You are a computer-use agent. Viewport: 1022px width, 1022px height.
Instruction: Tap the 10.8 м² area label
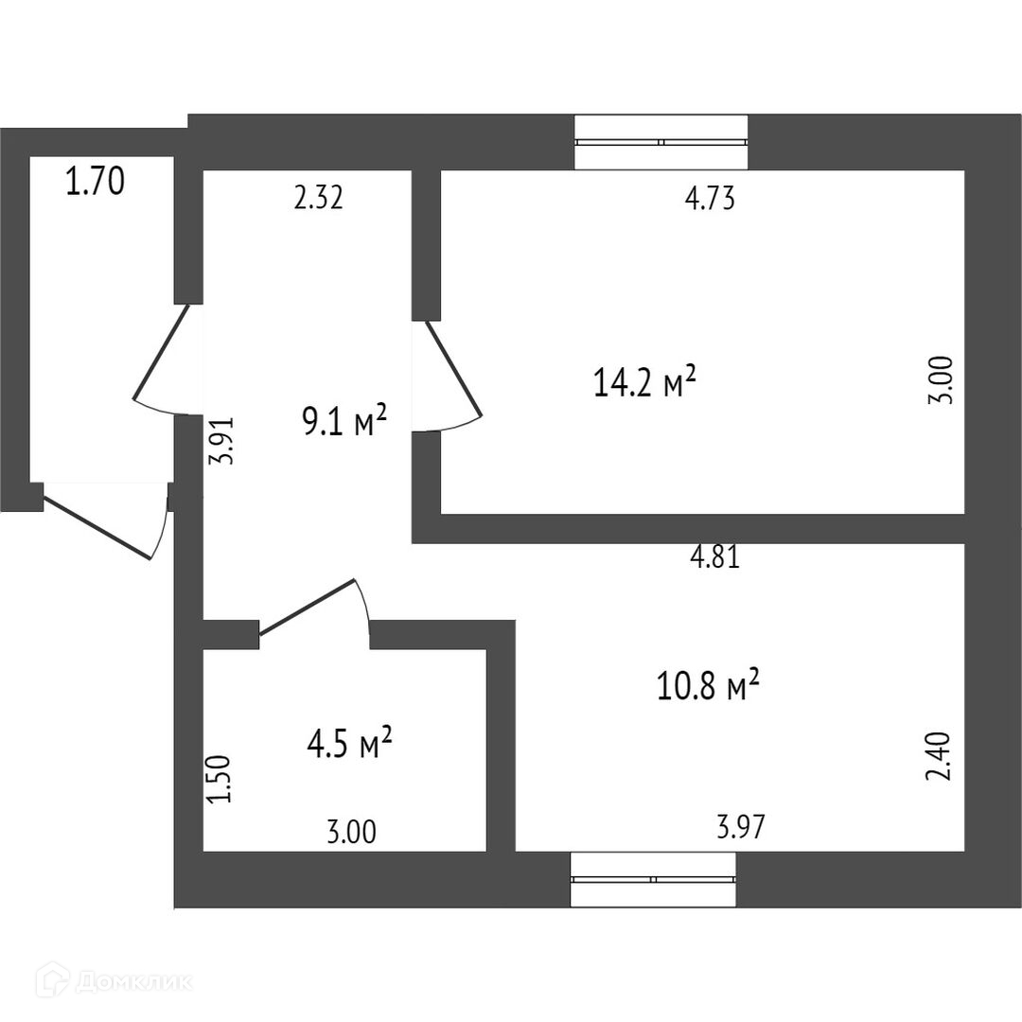pyautogui.click(x=709, y=685)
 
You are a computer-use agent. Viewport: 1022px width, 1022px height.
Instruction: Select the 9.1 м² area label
pyautogui.click(x=344, y=421)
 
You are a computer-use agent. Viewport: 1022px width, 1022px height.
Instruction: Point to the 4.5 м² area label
pyautogui.click(x=349, y=745)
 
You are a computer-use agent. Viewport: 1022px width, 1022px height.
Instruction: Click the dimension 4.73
pyautogui.click(x=710, y=200)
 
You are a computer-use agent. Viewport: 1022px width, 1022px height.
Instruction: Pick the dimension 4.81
pyautogui.click(x=714, y=558)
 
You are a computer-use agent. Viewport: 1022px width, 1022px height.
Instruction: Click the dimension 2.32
pyautogui.click(x=317, y=199)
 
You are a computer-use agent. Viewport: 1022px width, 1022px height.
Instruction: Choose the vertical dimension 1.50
pyautogui.click(x=219, y=779)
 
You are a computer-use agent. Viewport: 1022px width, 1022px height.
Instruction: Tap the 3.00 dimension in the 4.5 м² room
pyautogui.click(x=351, y=833)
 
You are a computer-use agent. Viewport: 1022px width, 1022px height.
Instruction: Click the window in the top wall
pyautogui.click(x=661, y=142)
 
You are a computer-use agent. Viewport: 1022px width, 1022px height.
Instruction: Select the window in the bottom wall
pyautogui.click(x=653, y=878)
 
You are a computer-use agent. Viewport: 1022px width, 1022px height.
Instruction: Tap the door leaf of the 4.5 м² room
pyautogui.click(x=307, y=607)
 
